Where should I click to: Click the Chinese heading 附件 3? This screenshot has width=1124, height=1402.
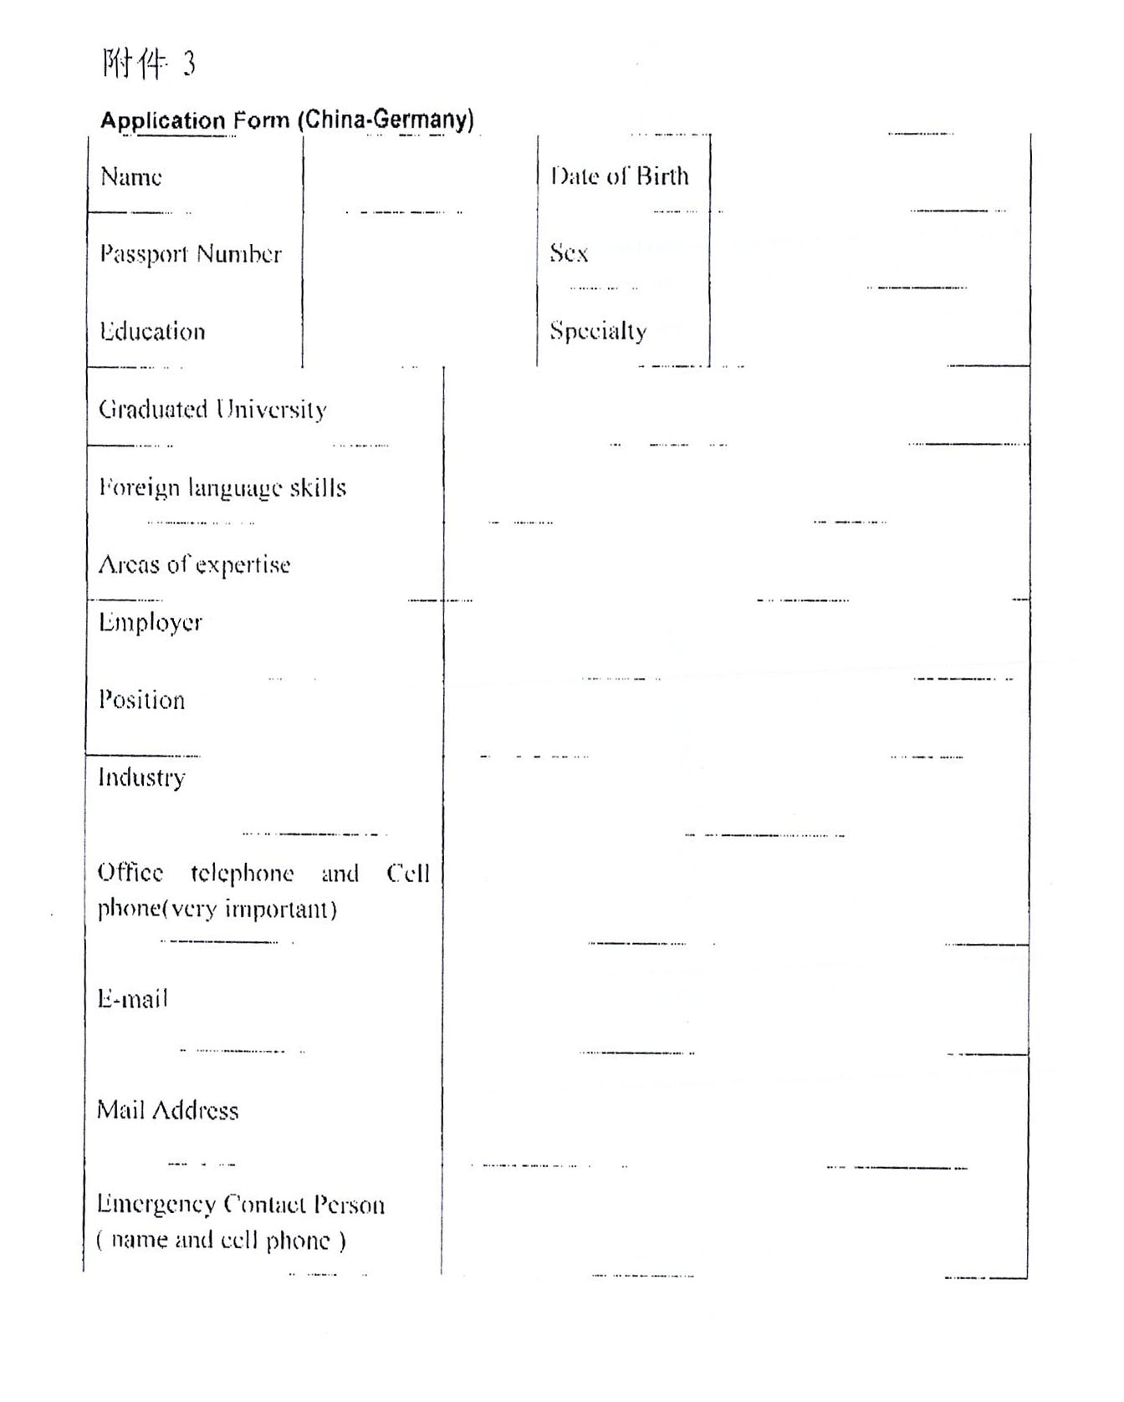click(149, 64)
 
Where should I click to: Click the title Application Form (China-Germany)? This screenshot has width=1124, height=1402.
click(287, 120)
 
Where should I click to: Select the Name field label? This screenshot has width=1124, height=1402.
click(131, 176)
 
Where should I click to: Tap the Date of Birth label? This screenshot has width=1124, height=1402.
click(620, 176)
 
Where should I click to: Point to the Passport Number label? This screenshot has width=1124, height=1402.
click(191, 253)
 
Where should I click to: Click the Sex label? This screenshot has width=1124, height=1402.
click(569, 252)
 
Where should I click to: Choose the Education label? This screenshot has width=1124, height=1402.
click(152, 331)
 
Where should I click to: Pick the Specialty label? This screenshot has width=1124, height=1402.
click(598, 331)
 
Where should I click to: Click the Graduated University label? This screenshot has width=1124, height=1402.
click(212, 409)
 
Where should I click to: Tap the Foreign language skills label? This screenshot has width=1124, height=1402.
click(222, 487)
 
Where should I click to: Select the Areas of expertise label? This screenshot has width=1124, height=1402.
click(194, 565)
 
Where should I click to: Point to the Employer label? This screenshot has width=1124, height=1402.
click(151, 623)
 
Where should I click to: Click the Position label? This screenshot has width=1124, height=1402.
click(141, 700)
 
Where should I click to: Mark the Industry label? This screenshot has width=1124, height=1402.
click(141, 777)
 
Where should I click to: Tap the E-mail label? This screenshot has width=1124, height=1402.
click(133, 998)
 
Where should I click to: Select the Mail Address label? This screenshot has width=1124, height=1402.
click(167, 1110)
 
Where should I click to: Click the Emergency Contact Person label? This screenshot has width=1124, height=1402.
click(241, 1205)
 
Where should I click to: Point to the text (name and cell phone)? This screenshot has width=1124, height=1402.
click(221, 1240)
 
